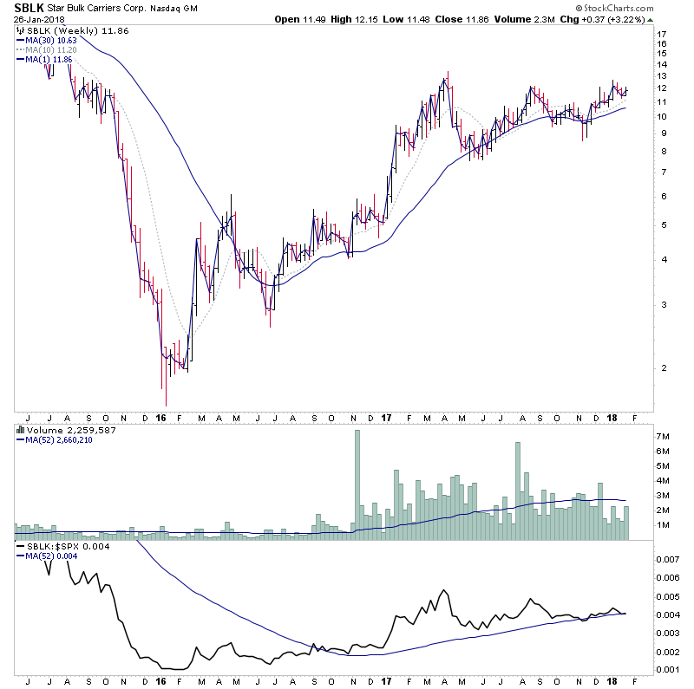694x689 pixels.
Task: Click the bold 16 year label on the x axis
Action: point(161,417)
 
